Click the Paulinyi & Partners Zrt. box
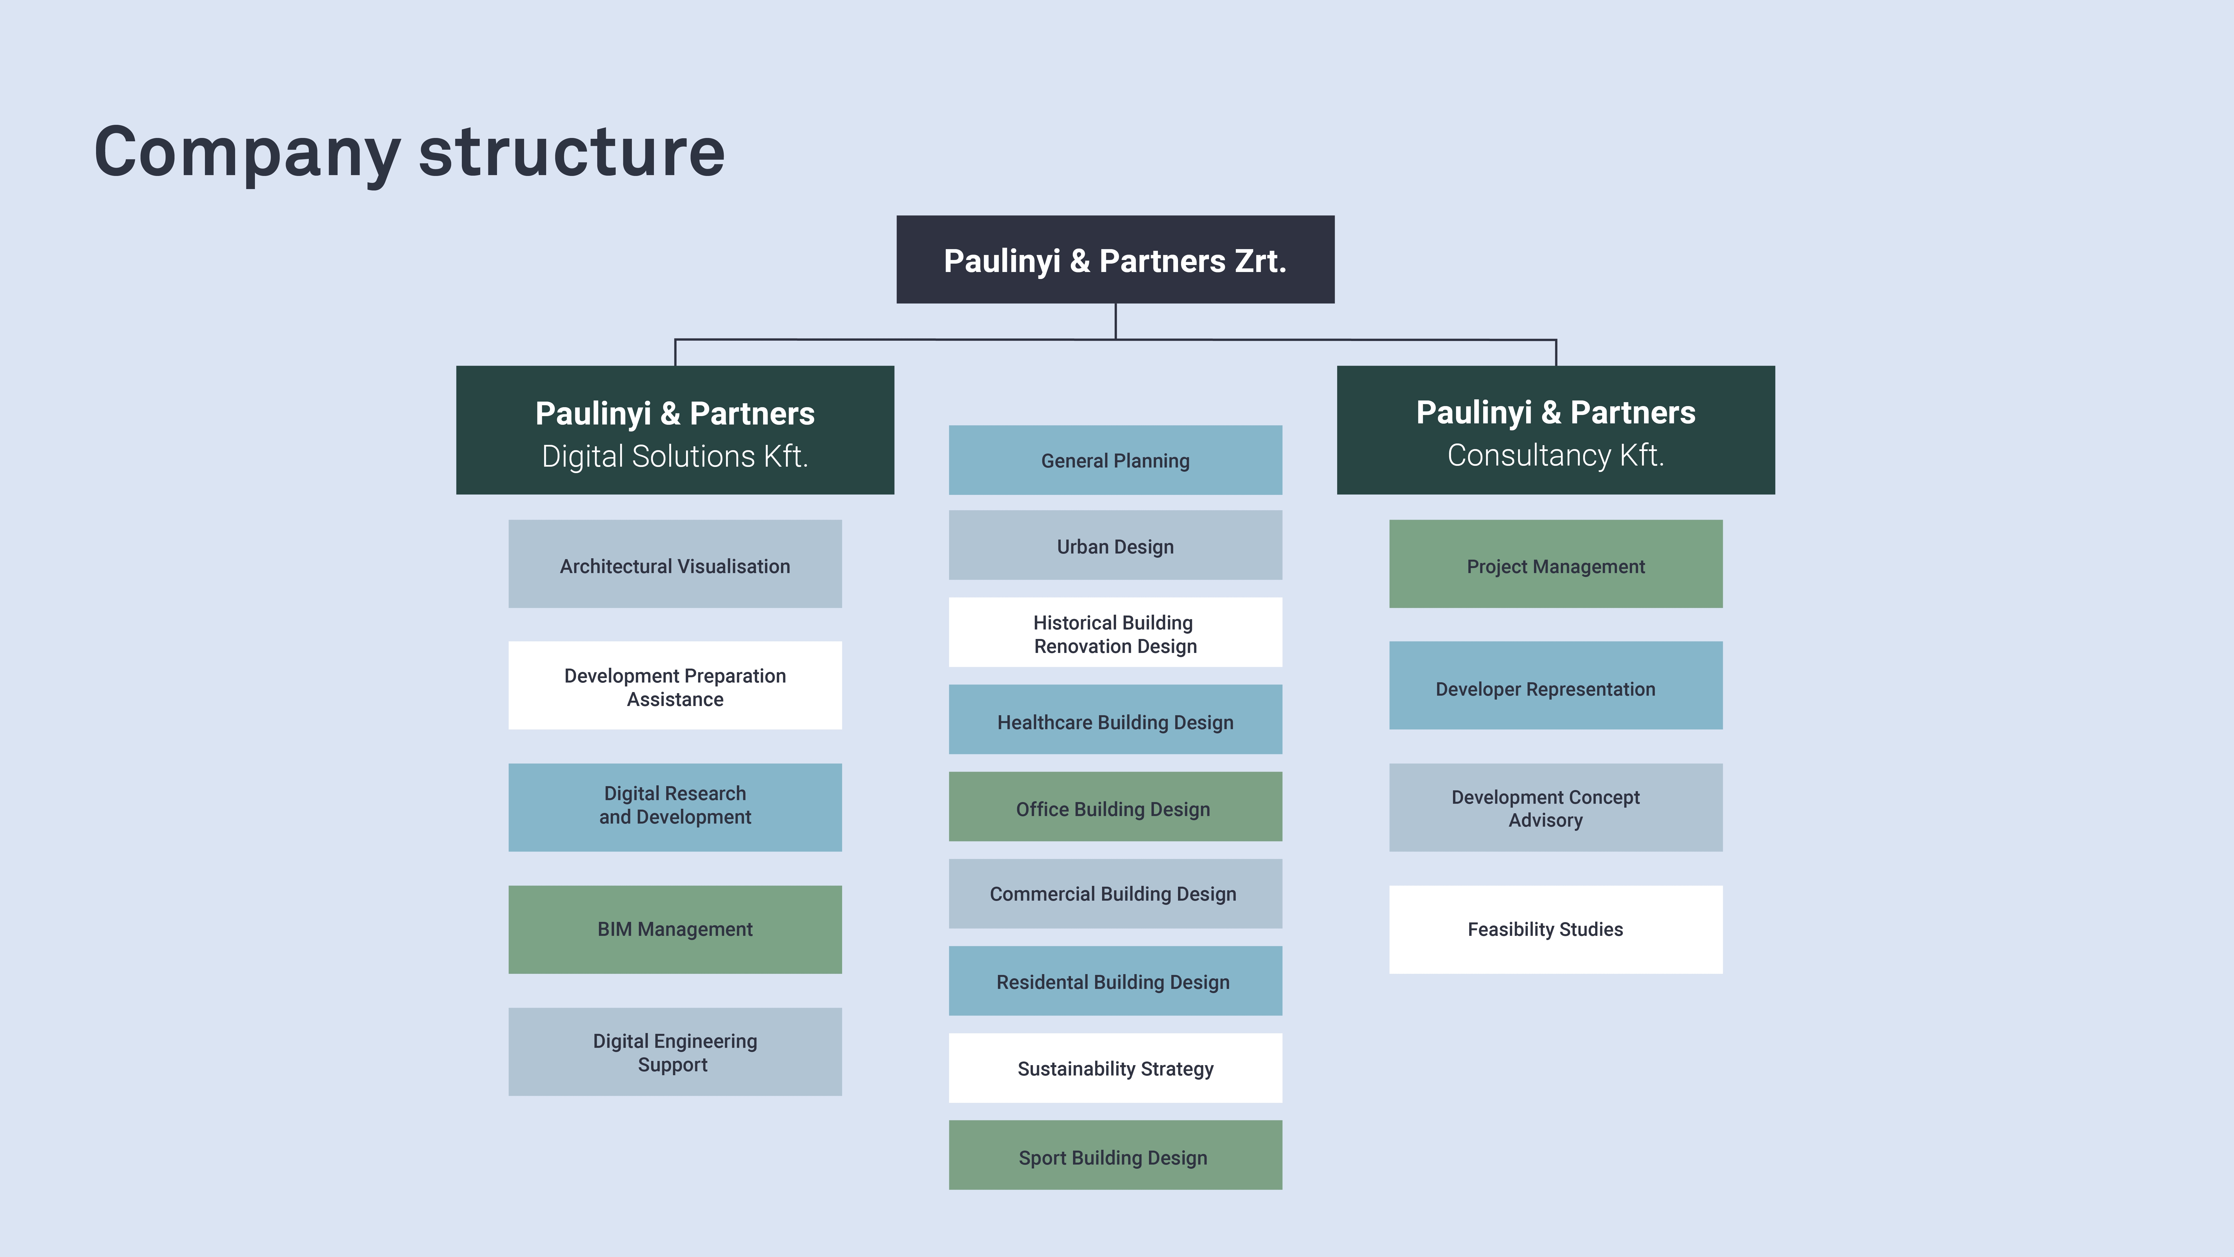pos(1115,259)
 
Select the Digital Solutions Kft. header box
pos(675,430)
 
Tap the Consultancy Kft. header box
pos(1556,430)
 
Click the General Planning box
pos(1115,460)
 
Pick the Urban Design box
pos(1115,545)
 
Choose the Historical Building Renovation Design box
pos(1115,632)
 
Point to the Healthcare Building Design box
pos(1115,719)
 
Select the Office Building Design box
pos(1115,807)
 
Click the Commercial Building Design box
pos(1115,893)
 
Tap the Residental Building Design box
pos(1115,981)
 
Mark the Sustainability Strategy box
pos(1115,1068)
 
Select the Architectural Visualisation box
pos(675,564)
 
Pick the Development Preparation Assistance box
pos(675,685)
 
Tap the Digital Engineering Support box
pos(675,1051)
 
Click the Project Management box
pos(1556,564)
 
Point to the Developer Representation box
pos(1556,685)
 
